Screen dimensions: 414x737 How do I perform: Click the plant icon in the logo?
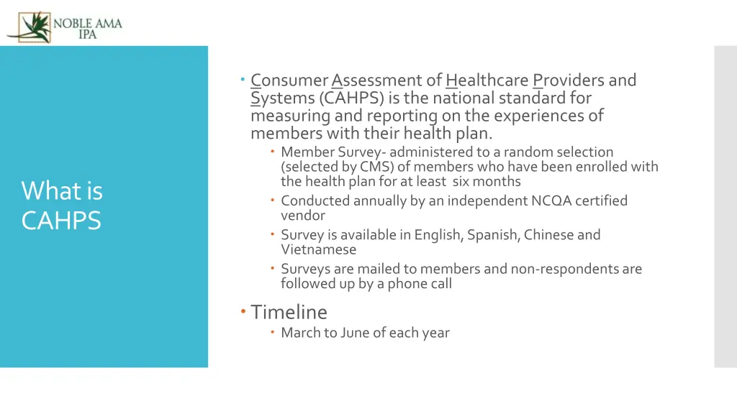[29, 27]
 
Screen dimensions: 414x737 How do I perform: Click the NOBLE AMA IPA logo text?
[87, 28]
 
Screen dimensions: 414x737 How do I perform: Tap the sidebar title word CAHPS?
[61, 221]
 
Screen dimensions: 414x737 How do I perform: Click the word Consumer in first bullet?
[289, 80]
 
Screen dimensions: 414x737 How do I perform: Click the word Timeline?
[289, 312]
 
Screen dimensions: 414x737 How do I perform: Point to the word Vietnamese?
[318, 249]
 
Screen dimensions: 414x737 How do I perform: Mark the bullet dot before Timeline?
[243, 311]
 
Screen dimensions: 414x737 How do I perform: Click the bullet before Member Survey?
[273, 152]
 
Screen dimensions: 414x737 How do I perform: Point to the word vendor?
[302, 216]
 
